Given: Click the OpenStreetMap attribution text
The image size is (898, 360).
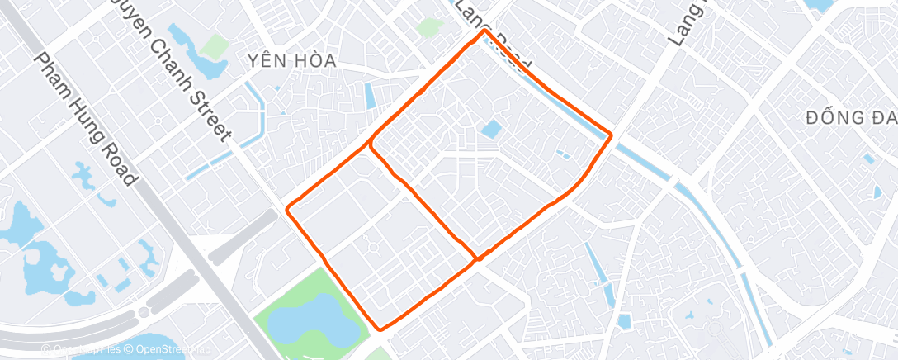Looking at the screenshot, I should [x=162, y=349].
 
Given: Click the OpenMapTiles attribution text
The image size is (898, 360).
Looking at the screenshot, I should [x=81, y=349].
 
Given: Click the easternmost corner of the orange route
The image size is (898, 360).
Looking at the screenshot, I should [x=611, y=135].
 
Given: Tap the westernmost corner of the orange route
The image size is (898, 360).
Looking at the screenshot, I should [x=288, y=210].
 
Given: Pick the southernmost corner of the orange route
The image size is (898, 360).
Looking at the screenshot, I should [x=380, y=329].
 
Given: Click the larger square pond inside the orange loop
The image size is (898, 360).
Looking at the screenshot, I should [x=491, y=129].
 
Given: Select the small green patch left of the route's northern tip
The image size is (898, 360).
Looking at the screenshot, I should [x=429, y=27].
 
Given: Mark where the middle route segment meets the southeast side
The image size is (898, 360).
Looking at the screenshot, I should [x=477, y=258].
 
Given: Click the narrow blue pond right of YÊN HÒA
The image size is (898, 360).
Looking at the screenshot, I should [x=370, y=95].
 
